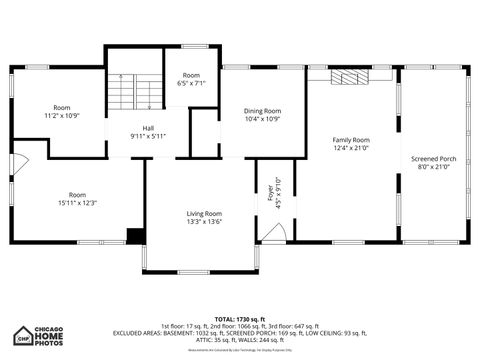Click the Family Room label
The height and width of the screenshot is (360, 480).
click(351, 140)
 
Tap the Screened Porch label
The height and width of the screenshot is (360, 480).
click(434, 159)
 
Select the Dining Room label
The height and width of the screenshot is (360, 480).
click(263, 111)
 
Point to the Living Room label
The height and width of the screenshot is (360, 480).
click(204, 213)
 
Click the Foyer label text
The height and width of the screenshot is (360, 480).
click(269, 189)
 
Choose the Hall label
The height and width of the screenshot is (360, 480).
click(148, 128)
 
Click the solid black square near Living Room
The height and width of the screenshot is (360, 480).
click(135, 236)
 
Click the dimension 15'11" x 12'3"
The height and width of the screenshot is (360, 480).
click(77, 203)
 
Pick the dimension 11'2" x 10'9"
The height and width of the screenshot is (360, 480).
click(62, 116)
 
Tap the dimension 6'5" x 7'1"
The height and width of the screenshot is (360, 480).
click(191, 84)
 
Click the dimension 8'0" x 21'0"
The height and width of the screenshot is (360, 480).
click(434, 167)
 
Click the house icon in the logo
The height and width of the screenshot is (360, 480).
click(24, 335)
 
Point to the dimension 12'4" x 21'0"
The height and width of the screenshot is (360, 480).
click(351, 148)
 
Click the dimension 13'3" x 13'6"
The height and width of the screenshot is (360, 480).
click(204, 222)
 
